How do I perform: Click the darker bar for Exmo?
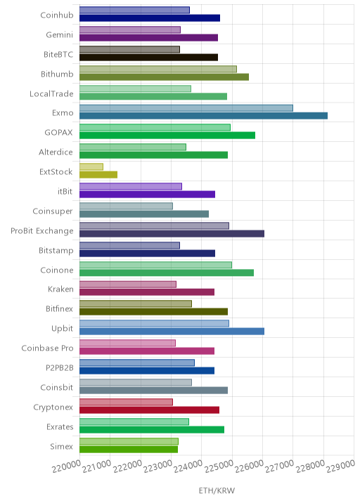[204, 116]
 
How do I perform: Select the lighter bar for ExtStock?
[91, 166]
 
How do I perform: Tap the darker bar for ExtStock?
[98, 174]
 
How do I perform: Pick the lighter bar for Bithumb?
[158, 69]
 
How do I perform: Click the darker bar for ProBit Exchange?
[172, 233]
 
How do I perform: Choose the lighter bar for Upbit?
[154, 323]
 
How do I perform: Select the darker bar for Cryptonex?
[149, 410]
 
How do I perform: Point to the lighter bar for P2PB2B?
[137, 362]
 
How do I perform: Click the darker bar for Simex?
[129, 450]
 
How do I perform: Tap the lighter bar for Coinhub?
[134, 10]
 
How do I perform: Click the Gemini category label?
[59, 34]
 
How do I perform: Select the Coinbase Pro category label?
[48, 348]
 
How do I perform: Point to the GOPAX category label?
[58, 133]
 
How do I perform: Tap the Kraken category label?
[60, 289]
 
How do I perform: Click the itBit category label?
[65, 192]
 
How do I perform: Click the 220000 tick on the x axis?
[66, 466]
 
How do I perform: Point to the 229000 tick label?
[341, 466]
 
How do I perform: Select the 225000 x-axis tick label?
[219, 466]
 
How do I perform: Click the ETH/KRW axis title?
[217, 490]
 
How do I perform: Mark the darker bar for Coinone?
[167, 273]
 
